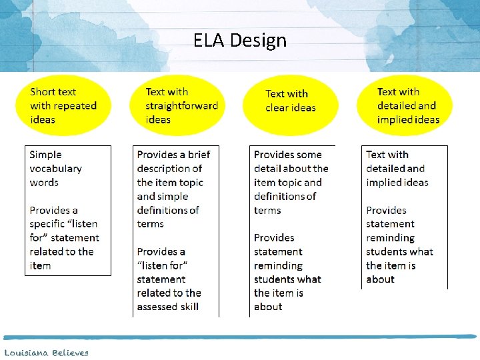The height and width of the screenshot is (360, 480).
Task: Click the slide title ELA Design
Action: click(240, 41)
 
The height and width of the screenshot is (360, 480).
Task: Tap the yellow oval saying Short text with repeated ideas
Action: click(63, 105)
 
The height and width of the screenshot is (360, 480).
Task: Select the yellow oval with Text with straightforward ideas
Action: click(181, 105)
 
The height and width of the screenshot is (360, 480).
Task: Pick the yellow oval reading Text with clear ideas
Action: click(291, 101)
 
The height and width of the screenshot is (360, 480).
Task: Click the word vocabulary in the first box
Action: click(55, 169)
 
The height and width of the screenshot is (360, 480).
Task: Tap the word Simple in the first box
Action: click(45, 155)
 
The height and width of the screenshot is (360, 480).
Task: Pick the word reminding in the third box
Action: click(278, 266)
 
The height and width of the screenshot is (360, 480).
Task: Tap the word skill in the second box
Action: click(187, 307)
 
